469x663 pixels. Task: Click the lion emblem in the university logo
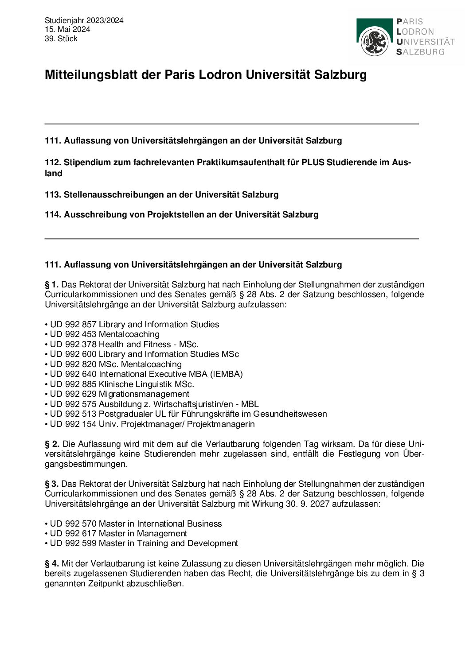click(x=375, y=41)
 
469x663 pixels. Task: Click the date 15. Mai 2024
click(x=67, y=29)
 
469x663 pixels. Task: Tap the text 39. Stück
click(x=61, y=39)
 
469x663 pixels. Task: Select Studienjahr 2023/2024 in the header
click(x=84, y=20)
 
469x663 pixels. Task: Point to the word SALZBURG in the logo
click(x=420, y=52)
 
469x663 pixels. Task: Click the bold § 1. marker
click(x=52, y=284)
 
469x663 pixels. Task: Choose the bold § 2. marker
click(x=52, y=444)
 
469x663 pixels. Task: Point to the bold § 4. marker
click(x=52, y=563)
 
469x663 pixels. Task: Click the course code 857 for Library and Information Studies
click(x=89, y=324)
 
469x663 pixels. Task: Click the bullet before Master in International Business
click(x=46, y=523)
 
